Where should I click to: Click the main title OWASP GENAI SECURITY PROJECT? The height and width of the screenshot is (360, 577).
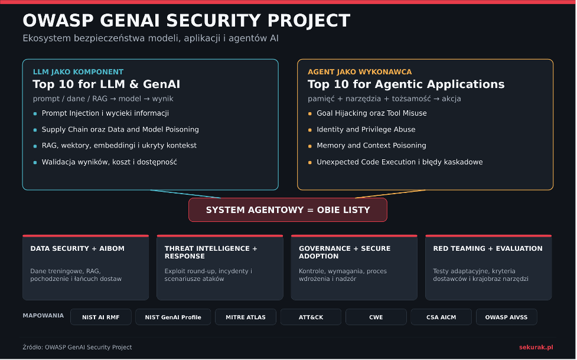pos(186,21)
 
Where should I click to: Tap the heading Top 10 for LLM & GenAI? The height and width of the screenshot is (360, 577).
pos(106,84)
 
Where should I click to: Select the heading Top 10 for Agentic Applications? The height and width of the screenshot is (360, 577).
pos(406,84)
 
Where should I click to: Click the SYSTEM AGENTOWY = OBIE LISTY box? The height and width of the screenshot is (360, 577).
pos(288,210)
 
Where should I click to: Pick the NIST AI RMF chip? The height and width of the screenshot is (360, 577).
pos(101,317)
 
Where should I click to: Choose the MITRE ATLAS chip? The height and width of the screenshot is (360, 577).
pos(246,317)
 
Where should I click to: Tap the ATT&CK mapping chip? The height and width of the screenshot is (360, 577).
pos(311,317)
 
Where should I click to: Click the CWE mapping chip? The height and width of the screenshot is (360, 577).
pos(376,317)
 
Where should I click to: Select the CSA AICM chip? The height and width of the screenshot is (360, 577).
pos(441,317)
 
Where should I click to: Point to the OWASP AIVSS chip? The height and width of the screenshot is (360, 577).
pos(506,317)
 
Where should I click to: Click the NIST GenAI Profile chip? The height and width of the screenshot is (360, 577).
pos(173,317)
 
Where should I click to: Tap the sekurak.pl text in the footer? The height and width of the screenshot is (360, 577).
pos(536,347)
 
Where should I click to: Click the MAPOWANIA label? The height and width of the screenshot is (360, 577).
pos(43,316)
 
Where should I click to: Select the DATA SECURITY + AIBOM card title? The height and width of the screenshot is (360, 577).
pos(77,248)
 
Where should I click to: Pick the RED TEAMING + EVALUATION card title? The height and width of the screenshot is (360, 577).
pos(488,248)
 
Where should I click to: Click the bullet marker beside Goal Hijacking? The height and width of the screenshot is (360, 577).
pos(310,114)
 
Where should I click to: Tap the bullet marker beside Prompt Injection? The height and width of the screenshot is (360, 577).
pos(35,114)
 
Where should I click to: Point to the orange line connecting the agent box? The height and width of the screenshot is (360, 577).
pos(390,194)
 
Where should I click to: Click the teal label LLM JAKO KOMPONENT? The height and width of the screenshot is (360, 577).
pos(78,72)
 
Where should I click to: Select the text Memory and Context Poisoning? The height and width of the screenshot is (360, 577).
pos(371,146)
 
